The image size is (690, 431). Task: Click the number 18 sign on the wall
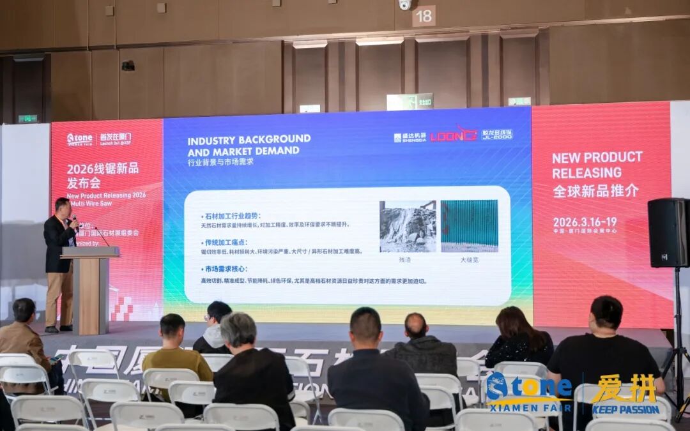[x=424, y=15]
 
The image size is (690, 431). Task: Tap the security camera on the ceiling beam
[x=404, y=5]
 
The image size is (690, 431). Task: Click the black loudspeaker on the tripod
[x=668, y=232]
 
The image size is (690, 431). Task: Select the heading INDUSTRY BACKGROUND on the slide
[x=249, y=139]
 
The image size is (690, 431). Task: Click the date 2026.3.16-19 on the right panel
[x=585, y=221]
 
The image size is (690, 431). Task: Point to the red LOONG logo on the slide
[x=453, y=135]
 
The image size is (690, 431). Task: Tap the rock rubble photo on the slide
[x=408, y=226]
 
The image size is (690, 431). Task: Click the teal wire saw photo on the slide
[x=469, y=226]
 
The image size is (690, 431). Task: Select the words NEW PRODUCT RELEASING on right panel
[x=597, y=165]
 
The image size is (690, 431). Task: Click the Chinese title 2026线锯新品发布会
[x=102, y=176]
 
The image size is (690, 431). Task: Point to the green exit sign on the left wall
[x=27, y=119]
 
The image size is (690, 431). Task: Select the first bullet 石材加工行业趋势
[x=234, y=216]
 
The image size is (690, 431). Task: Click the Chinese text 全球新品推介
[x=595, y=190]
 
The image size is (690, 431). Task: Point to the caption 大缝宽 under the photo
[x=469, y=260]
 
